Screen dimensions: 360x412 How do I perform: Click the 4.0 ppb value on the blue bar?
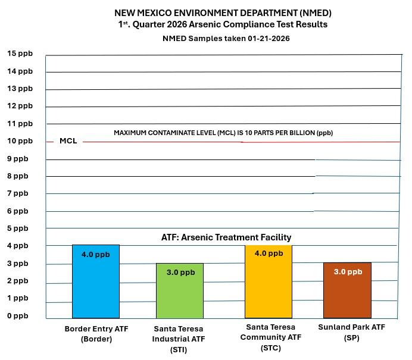coord(96,255)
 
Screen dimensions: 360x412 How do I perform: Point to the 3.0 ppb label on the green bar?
coord(179,273)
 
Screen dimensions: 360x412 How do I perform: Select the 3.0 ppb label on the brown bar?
coord(347,272)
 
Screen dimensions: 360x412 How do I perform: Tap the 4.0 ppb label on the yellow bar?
coord(268,253)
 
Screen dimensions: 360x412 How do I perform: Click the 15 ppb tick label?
coord(20,54)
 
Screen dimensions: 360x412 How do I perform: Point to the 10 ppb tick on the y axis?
coord(20,141)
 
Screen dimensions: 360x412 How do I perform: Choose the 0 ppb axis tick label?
coord(17,315)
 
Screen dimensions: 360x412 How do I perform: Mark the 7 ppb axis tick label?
coord(17,193)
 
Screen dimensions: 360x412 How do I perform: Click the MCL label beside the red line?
coord(68,142)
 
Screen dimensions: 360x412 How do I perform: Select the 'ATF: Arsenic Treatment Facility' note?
coord(226,237)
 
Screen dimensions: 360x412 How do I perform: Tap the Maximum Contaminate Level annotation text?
coord(223,133)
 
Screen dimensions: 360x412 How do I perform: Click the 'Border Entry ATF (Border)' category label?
coord(96,334)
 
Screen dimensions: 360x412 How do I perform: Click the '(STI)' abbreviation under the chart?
coord(179,350)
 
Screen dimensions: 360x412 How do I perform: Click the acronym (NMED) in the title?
coord(310,12)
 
